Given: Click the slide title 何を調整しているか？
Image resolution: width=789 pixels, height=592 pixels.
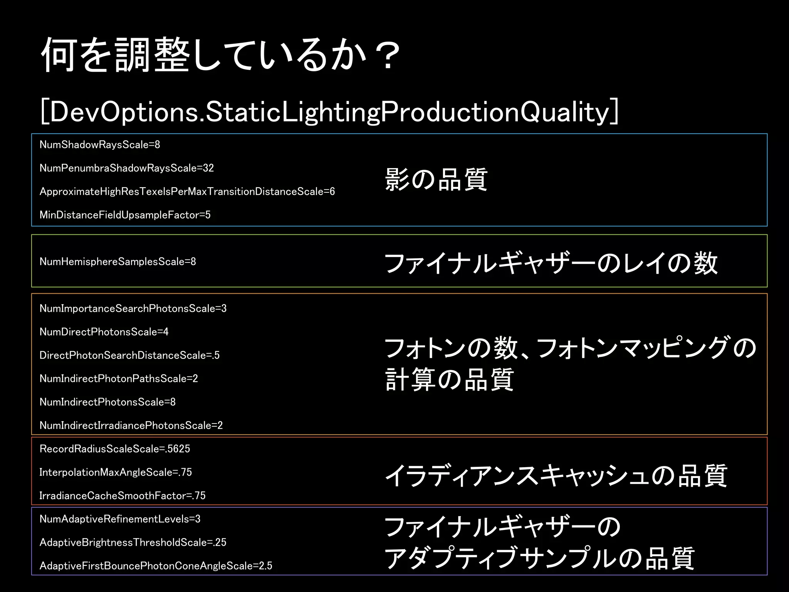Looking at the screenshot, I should coord(220,55).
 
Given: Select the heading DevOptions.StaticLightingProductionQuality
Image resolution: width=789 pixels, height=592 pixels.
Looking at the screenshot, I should coord(329,112).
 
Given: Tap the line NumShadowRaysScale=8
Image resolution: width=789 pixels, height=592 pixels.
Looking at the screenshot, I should coord(100,145).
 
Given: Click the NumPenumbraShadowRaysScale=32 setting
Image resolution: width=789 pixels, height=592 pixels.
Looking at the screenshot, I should coord(126,168).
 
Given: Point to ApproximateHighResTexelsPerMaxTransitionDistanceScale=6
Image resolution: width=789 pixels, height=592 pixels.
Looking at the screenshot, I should coord(187,192).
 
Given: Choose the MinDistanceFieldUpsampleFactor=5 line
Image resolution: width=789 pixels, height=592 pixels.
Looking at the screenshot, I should coord(125,215).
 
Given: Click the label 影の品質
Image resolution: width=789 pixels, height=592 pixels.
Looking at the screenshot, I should coord(436,180).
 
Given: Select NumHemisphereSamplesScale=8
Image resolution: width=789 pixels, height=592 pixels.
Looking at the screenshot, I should coord(118,262).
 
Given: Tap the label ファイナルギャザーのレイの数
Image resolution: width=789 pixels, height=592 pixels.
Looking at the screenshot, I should coord(551,263).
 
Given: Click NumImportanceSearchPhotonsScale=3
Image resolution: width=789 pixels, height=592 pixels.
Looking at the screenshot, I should coord(133,309).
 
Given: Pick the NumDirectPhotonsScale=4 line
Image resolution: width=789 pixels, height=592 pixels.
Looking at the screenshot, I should coord(104,332).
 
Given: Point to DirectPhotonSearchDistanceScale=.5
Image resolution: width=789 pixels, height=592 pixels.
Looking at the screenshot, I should coord(129,355).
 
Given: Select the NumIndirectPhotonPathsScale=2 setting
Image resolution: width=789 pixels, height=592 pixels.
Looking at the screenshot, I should coord(119,379).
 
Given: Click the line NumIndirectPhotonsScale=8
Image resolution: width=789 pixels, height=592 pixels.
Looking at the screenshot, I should coord(107,402).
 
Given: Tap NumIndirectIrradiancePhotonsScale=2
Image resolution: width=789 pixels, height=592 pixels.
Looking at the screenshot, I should coord(131,425).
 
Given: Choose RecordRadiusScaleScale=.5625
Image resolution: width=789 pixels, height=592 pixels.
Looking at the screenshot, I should coord(115,449).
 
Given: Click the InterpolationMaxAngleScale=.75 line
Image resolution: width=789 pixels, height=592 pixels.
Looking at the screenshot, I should coord(116,472).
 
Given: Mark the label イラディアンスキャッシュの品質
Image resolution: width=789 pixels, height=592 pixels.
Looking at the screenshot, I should coord(556,476).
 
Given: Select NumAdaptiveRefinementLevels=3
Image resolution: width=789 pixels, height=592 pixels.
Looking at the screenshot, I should coord(120,519).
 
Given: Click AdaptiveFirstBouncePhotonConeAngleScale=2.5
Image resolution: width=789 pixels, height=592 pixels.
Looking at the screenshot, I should coord(156,566).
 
